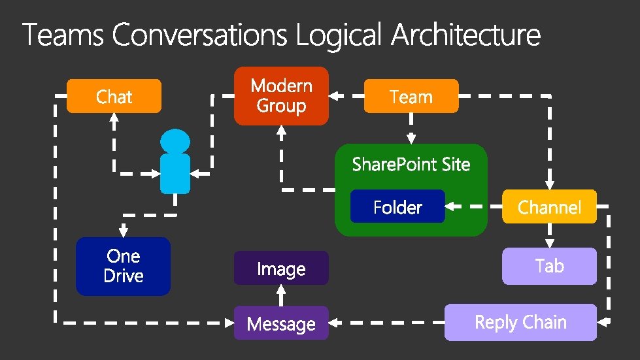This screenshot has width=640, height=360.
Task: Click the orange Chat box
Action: click(114, 96)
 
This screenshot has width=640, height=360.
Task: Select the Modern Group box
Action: click(281, 95)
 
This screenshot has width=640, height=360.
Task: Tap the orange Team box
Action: click(411, 96)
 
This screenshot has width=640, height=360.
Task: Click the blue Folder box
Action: click(397, 206)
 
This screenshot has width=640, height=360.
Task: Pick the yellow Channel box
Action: click(549, 206)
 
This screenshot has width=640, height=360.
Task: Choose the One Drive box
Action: click(123, 266)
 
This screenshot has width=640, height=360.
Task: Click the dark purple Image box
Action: click(281, 268)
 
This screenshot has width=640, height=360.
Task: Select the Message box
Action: click(281, 323)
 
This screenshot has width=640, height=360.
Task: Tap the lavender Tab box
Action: click(549, 266)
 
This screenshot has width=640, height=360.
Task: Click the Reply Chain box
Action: click(520, 322)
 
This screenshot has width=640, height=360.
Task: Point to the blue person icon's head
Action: click(175, 140)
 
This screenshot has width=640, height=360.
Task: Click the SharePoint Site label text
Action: click(411, 164)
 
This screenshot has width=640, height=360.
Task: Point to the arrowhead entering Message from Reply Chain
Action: click(333, 322)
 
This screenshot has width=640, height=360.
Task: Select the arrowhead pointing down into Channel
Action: click(549, 184)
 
